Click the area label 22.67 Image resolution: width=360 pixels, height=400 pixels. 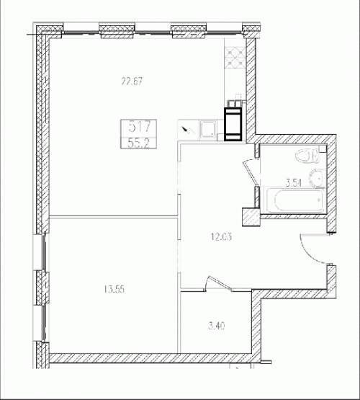coord(132,81)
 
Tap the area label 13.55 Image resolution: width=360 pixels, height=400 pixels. coord(114,290)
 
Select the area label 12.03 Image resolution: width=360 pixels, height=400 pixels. coord(222,237)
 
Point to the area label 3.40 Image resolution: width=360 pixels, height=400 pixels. coord(217,326)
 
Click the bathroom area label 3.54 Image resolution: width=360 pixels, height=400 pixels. coord(294,183)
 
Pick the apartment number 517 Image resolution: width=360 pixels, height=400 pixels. coord(140,127)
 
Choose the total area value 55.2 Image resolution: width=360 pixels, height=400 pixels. coord(138,143)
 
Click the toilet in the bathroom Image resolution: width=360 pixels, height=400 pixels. coord(307,156)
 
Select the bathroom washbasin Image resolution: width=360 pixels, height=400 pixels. coord(317,178)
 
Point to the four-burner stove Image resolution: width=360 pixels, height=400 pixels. coord(235,58)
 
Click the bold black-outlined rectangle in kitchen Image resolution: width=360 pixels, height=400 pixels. coord(233,124)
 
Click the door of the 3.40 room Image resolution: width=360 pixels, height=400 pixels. coord(219,283)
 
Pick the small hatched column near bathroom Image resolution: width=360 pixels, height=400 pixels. coord(251,217)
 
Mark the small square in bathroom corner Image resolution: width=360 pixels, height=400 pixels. coord(323,149)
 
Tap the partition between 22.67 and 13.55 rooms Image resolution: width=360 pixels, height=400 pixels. coord(113,217)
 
